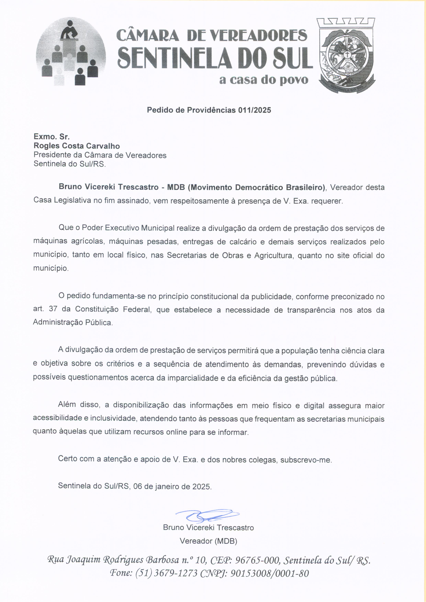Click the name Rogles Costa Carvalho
coord(77,146)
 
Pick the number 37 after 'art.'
coord(53,309)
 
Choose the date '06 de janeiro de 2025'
coord(172,486)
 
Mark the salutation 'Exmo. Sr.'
coord(51,137)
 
